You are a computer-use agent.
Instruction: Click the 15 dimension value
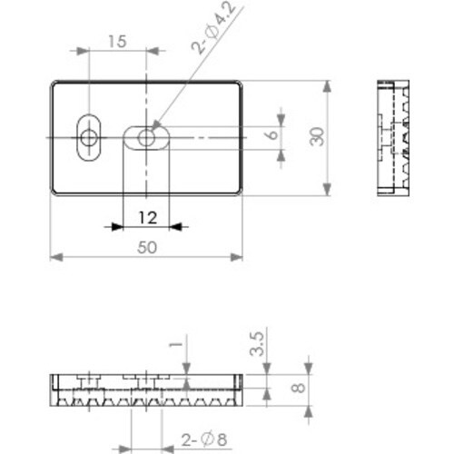116,41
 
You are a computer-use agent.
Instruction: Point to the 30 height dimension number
315,136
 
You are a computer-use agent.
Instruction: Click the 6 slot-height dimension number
270,133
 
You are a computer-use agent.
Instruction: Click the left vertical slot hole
89,137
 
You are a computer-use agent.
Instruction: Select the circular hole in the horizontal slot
146,137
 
